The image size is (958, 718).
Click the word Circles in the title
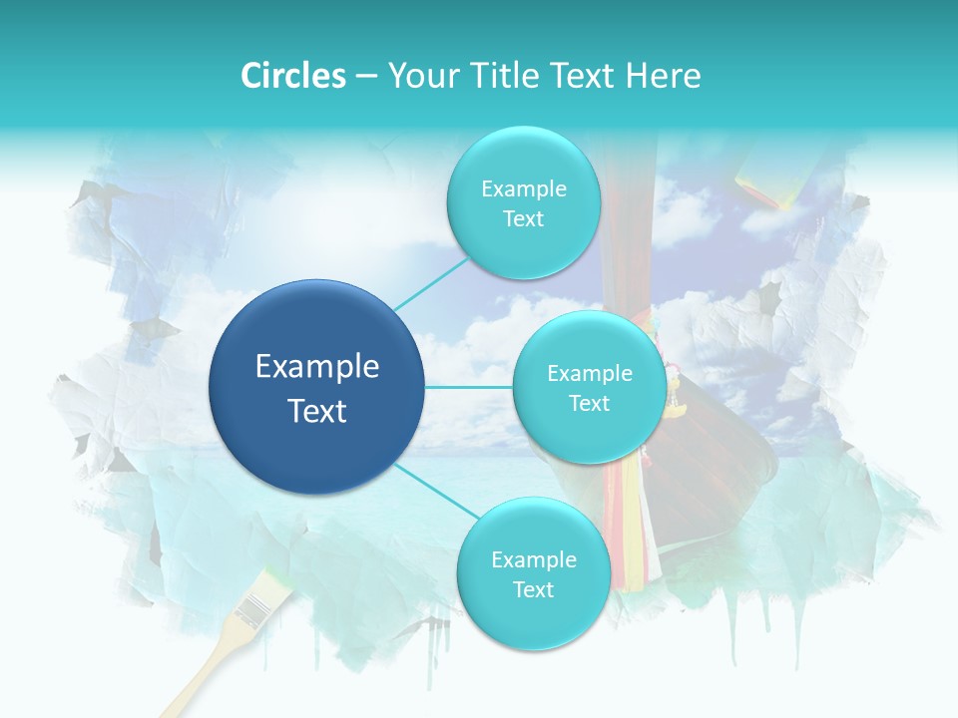293,76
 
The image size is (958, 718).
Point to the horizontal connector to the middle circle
469,387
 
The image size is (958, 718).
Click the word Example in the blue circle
317,367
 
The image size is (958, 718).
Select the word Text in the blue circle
317,411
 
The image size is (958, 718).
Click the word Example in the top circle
524,188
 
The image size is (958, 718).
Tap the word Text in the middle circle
589,403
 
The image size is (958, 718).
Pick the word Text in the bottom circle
533,589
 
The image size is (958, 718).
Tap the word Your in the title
420,76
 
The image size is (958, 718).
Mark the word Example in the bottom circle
534,559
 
